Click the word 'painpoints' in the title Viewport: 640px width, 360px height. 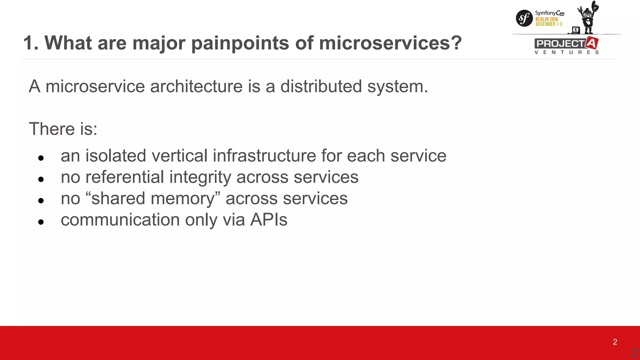click(x=240, y=43)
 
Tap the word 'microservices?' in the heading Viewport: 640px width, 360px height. click(x=390, y=43)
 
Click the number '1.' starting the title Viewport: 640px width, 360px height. click(x=31, y=43)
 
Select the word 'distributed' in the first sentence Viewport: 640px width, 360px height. click(x=321, y=86)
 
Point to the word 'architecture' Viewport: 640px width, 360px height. click(x=196, y=86)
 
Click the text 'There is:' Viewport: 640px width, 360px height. click(x=63, y=129)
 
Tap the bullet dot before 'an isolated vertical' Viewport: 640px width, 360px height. click(x=41, y=158)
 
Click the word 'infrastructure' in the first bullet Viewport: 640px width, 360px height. click(x=264, y=156)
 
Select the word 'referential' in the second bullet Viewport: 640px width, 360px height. click(x=124, y=177)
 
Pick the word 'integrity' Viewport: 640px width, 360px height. click(x=200, y=177)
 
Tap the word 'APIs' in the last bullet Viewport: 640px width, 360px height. click(x=268, y=220)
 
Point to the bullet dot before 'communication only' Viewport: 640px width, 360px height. click(x=41, y=222)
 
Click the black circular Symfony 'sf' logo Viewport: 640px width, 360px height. click(x=524, y=18)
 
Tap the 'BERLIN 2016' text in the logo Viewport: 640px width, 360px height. click(x=547, y=19)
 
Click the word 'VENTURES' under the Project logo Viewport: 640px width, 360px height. click(x=567, y=52)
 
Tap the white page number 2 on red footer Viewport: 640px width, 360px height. click(x=615, y=342)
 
